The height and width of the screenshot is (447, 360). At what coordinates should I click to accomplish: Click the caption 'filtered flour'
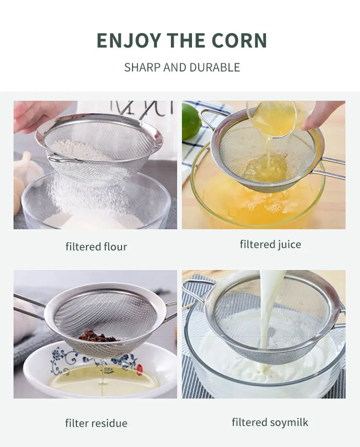coord(96,247)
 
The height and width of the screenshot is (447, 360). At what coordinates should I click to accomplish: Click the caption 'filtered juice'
coord(270,245)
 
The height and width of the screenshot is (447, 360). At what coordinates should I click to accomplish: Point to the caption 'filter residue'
coord(96,423)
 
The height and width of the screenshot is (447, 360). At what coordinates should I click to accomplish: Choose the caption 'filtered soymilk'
coord(270,422)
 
